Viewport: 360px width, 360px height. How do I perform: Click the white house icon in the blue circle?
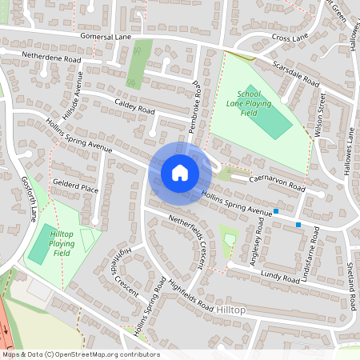pos(179,172)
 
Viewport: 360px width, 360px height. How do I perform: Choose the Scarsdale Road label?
pos(295,74)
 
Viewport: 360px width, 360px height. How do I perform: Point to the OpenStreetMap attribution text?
pos(80,354)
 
